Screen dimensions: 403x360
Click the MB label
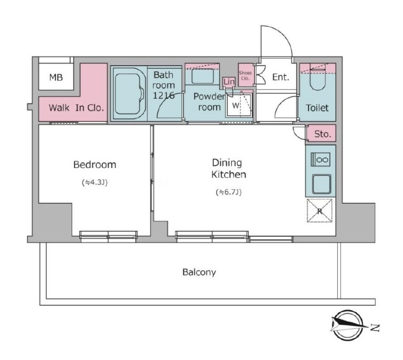[x=56, y=77]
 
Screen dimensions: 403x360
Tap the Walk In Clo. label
[x=76, y=108]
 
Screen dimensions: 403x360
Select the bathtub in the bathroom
[x=128, y=93]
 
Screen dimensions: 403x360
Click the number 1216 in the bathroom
[x=163, y=96]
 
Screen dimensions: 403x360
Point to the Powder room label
[x=209, y=102]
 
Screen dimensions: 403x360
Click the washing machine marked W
[x=239, y=105]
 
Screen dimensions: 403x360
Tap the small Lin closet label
[x=229, y=82]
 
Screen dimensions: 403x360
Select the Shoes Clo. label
[x=245, y=75]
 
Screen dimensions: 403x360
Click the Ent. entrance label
[x=281, y=77]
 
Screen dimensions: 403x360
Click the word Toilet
[x=317, y=108]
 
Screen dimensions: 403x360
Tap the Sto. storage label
[x=322, y=134]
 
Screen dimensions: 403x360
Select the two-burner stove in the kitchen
[x=320, y=159]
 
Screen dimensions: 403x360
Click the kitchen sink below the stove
[x=321, y=184]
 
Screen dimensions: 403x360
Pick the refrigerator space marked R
[x=319, y=211]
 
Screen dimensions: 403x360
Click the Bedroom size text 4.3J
[x=94, y=183]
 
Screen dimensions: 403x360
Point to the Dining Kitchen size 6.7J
[x=228, y=192]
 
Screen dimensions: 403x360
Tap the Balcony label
[x=199, y=272]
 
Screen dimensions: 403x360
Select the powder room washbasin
[x=203, y=76]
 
